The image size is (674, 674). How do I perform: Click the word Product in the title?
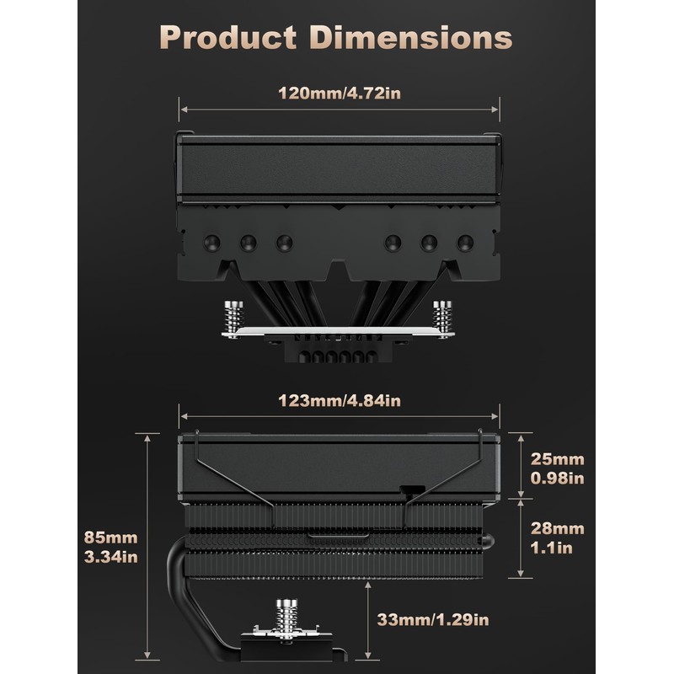(227, 37)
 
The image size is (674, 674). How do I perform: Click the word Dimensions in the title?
(411, 37)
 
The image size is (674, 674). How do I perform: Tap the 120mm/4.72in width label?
(340, 94)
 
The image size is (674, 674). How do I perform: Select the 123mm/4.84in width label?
(340, 401)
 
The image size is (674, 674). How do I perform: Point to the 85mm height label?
(111, 538)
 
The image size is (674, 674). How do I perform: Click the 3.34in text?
(111, 557)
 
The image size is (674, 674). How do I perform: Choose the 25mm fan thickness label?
(558, 459)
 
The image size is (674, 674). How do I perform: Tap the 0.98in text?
(558, 478)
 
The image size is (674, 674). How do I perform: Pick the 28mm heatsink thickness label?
(558, 528)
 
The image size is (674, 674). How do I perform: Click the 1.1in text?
(552, 548)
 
